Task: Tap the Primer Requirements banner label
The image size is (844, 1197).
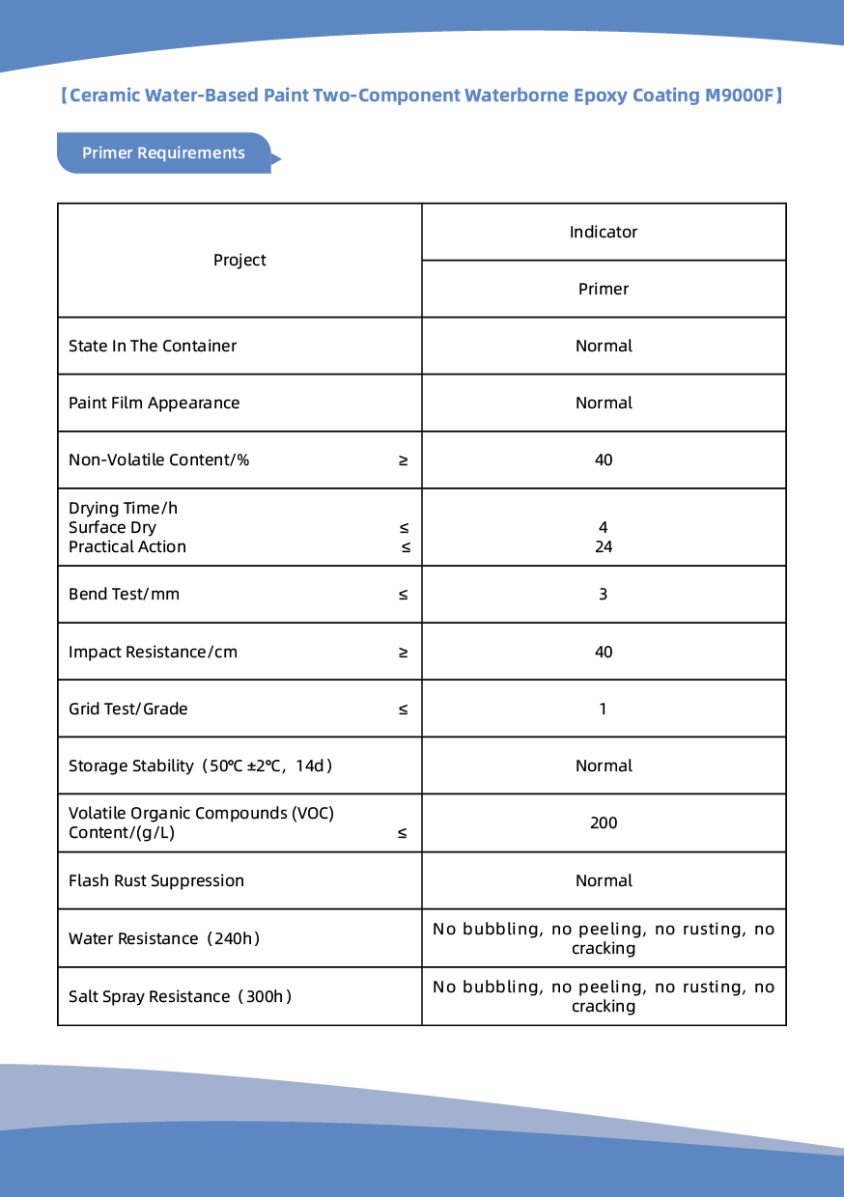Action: pyautogui.click(x=163, y=153)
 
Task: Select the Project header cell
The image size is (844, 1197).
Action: pyautogui.click(x=239, y=260)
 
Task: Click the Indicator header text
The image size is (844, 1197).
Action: pyautogui.click(x=604, y=232)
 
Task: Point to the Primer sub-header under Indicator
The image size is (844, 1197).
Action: pyautogui.click(x=604, y=289)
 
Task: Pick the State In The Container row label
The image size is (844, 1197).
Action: pyautogui.click(x=153, y=346)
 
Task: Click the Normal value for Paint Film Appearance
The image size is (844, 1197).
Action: pyautogui.click(x=604, y=403)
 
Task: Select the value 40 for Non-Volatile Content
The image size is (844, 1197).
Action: pyautogui.click(x=604, y=459)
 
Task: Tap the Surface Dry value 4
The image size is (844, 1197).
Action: pyautogui.click(x=604, y=527)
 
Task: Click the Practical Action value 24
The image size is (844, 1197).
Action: pyautogui.click(x=604, y=546)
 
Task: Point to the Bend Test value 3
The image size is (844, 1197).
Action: pyautogui.click(x=604, y=594)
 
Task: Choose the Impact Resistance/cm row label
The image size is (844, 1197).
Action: pyautogui.click(x=153, y=652)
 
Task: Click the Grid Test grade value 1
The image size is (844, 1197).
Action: pyautogui.click(x=604, y=709)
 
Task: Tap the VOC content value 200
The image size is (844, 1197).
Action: pyautogui.click(x=604, y=822)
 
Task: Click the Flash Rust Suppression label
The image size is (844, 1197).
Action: pyautogui.click(x=156, y=880)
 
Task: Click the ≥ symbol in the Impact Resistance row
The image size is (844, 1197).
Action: pyautogui.click(x=403, y=652)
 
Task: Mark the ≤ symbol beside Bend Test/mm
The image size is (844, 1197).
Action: pyautogui.click(x=403, y=594)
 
